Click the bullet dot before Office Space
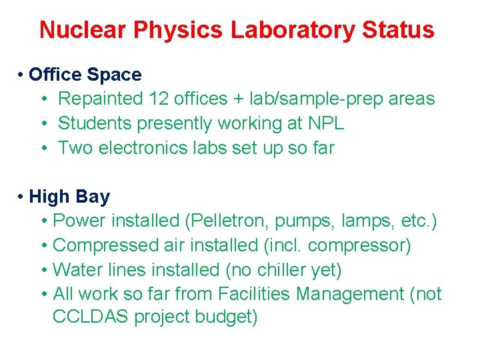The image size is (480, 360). click(x=22, y=75)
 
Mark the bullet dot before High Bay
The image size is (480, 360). click(x=22, y=197)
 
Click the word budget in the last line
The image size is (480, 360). click(x=224, y=317)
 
